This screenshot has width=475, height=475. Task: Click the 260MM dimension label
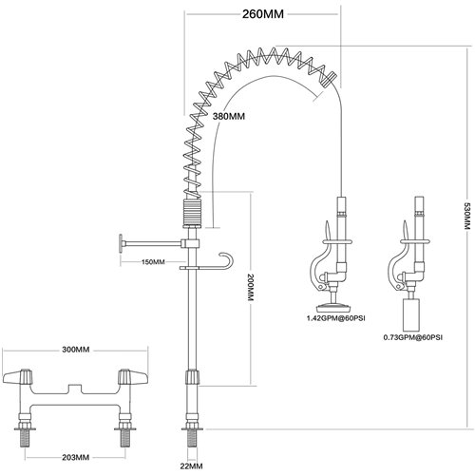tap(263, 14)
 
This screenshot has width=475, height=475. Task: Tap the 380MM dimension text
tap(231, 116)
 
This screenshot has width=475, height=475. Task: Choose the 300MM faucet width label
tap(75, 350)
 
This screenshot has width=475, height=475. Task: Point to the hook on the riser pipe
tap(223, 260)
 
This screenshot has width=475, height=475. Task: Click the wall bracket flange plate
tap(120, 244)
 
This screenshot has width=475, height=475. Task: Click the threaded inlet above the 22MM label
tap(193, 439)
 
